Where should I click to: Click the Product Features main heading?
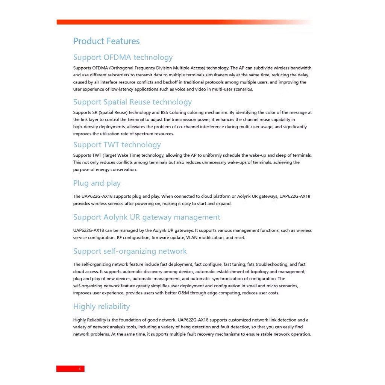106,41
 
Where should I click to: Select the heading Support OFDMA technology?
123,57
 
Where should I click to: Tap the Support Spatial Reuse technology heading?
132,102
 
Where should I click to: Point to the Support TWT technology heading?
117,145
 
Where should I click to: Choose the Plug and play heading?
97,183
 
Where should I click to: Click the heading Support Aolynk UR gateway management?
147,217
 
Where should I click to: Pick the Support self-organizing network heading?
130,251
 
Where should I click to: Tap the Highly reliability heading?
102,306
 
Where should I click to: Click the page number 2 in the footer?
79,368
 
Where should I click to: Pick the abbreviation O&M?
208,293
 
